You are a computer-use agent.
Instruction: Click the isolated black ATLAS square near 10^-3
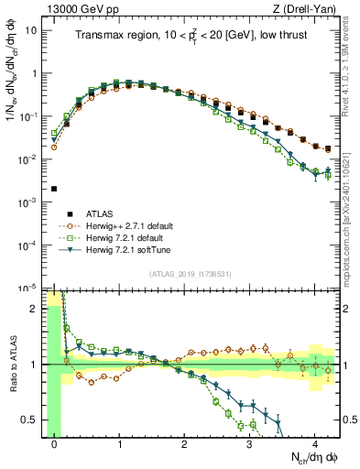coord(54,189)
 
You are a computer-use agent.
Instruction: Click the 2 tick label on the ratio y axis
coord(36,309)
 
